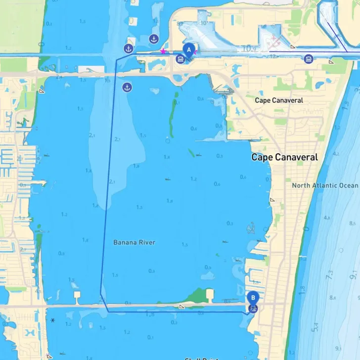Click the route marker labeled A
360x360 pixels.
click(x=188, y=50)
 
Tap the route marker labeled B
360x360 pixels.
click(x=253, y=298)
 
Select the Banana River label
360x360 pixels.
click(x=134, y=242)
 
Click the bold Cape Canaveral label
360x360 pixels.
click(x=284, y=157)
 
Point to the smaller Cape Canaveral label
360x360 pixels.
click(x=279, y=100)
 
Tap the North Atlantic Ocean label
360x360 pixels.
click(x=324, y=185)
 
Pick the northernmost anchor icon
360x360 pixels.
click(x=154, y=39)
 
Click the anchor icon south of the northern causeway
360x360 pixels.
click(x=127, y=88)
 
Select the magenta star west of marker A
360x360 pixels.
click(x=163, y=51)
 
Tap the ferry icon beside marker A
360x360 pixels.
click(x=180, y=59)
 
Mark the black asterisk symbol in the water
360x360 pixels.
click(x=52, y=320)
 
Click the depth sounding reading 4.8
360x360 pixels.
click(x=326, y=218)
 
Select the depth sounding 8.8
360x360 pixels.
click(x=332, y=298)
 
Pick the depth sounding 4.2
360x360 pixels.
click(x=336, y=154)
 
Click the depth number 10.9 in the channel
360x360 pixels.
click(x=248, y=48)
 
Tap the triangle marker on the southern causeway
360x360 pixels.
click(x=182, y=307)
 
